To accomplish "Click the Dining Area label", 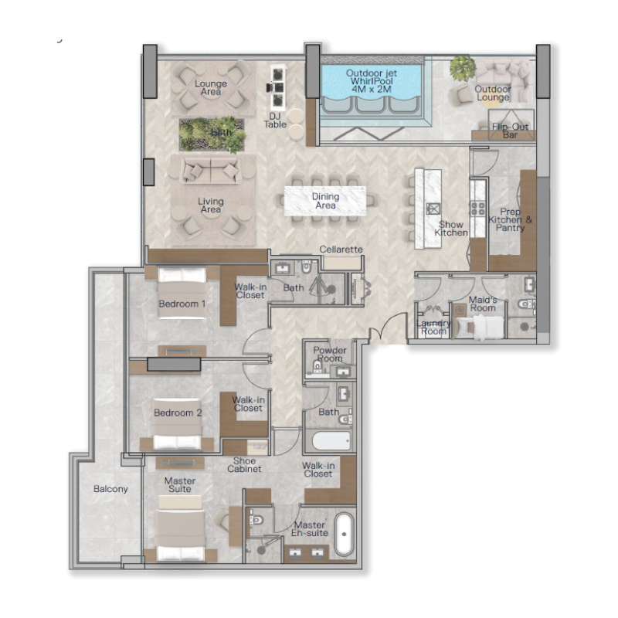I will (x=325, y=201).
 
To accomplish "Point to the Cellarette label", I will (x=341, y=250).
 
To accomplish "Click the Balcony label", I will (x=110, y=489).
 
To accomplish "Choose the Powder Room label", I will (x=330, y=355).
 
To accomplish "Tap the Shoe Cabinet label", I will (x=243, y=464).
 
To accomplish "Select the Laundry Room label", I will (x=433, y=327).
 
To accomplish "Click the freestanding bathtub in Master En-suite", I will (x=344, y=532).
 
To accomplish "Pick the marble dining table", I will (x=325, y=201).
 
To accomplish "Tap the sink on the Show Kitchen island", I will (x=433, y=208).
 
